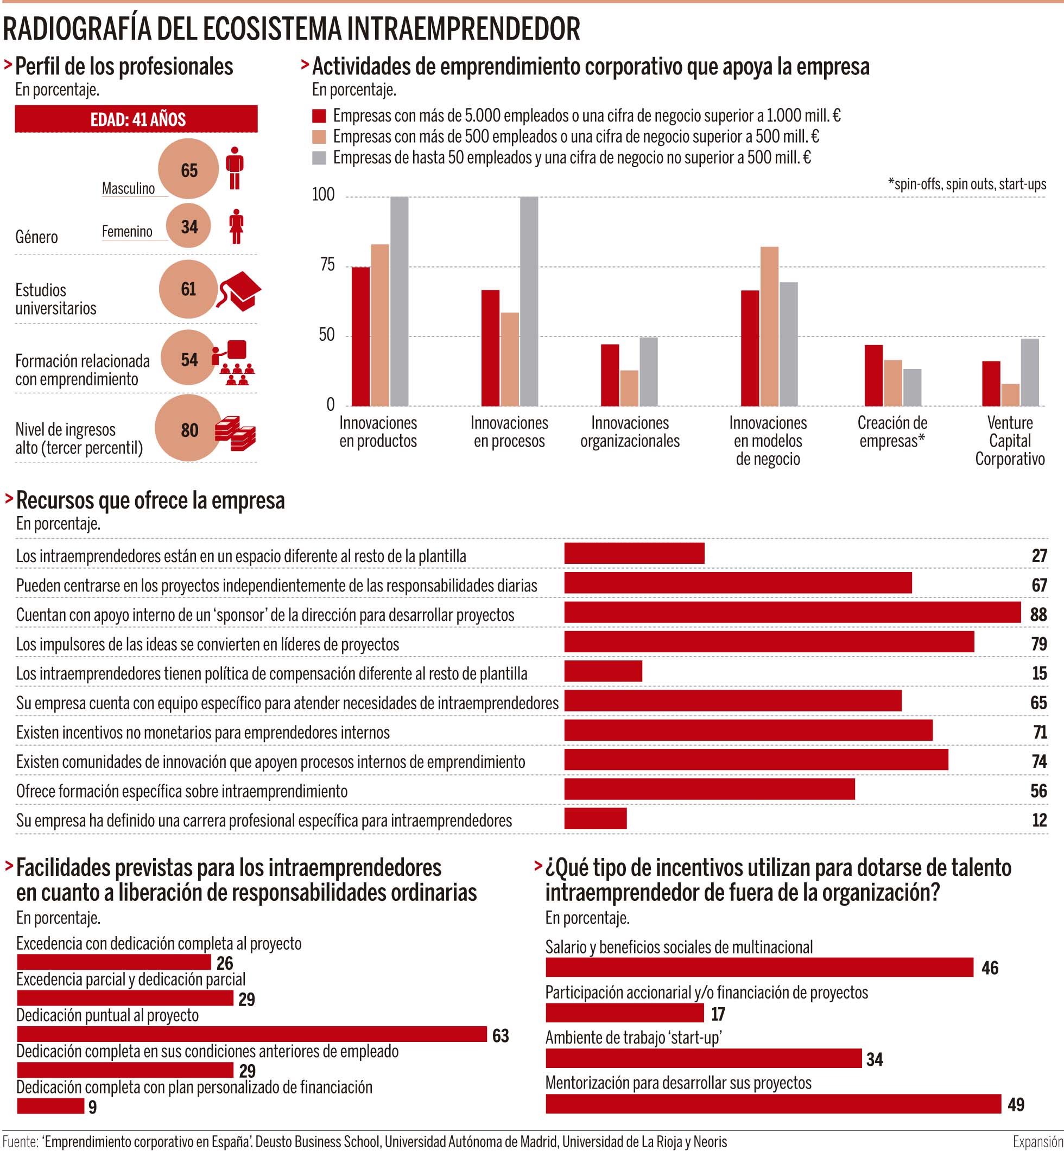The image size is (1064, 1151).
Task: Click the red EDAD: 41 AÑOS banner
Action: [136, 119]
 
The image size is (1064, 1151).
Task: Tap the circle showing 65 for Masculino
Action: [189, 169]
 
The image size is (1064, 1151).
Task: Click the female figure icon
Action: [236, 226]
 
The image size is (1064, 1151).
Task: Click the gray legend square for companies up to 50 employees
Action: [319, 158]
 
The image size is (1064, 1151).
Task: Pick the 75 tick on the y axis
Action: [327, 265]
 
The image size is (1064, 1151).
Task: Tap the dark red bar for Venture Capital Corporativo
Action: [991, 383]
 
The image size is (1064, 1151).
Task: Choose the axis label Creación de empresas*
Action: [892, 431]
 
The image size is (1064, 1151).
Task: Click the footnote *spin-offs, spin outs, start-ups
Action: [967, 184]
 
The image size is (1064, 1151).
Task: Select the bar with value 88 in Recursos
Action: [792, 612]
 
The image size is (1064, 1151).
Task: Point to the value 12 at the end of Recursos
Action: [1038, 819]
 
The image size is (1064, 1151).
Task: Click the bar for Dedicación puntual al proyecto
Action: [251, 1034]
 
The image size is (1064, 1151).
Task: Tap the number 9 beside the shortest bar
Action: [93, 1107]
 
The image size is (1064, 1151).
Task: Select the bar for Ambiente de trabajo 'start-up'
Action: [703, 1058]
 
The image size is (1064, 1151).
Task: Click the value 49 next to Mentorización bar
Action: [1016, 1104]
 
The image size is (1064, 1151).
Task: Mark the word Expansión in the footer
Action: [1037, 1141]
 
